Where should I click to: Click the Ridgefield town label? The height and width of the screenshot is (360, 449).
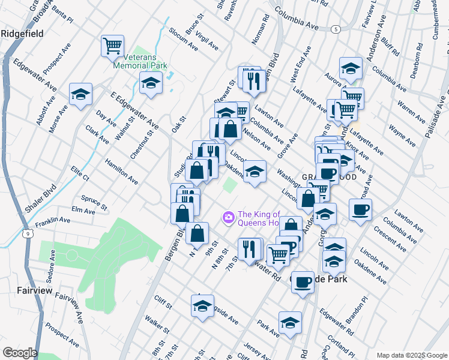point(22,34)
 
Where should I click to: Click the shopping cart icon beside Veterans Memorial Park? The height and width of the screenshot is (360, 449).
point(112,45)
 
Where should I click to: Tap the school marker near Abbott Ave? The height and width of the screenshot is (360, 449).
point(80,94)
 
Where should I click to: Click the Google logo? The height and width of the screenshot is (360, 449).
point(19,353)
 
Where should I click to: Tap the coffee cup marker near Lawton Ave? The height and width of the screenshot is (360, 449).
point(360,209)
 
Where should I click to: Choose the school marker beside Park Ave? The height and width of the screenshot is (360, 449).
point(290,322)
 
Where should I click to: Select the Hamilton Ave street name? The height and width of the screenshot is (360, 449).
point(121,171)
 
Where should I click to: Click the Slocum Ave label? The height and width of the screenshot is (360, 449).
point(183,38)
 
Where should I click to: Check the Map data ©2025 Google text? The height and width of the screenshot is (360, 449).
point(412,355)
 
